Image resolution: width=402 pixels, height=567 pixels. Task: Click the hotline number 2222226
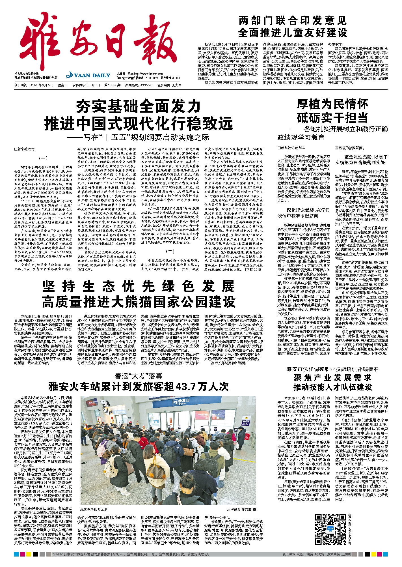tap(146, 85)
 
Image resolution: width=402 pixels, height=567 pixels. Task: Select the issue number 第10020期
tap(112, 85)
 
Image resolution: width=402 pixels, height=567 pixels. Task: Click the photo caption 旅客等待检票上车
tap(94, 510)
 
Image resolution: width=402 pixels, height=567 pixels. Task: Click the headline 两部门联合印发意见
tap(292, 21)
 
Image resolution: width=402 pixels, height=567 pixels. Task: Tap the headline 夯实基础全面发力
tap(138, 106)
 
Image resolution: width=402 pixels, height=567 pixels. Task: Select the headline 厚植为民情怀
tap(332, 104)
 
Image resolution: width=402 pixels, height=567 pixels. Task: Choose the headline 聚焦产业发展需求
tap(332, 377)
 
